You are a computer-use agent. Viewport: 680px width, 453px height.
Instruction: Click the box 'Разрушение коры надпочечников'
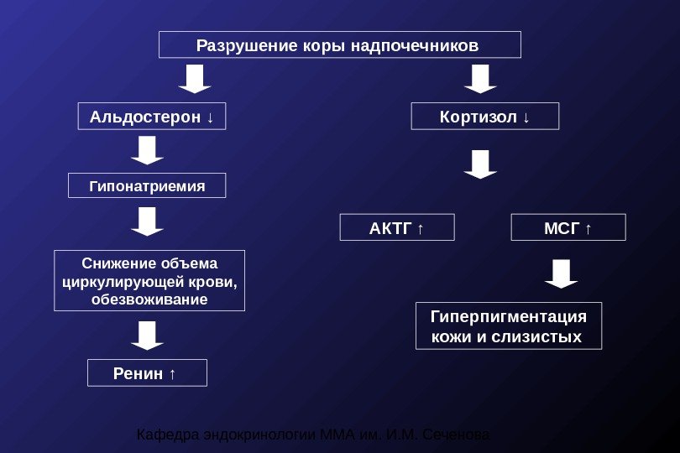[339, 44]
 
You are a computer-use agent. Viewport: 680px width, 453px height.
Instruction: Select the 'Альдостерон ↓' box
[152, 117]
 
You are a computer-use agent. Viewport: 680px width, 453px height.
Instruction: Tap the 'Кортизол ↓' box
[484, 117]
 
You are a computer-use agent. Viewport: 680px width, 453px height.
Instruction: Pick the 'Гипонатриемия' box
[147, 185]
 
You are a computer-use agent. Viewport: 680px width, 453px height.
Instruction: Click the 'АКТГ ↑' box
[396, 227]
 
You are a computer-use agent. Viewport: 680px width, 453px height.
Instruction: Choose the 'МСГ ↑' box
[568, 227]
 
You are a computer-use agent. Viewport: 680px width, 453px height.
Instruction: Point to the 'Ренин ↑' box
[147, 373]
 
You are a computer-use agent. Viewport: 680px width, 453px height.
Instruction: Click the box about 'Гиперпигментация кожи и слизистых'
[509, 326]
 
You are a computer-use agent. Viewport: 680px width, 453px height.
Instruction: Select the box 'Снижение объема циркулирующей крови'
[149, 280]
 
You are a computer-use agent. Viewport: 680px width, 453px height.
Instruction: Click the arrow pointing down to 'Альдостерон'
[195, 79]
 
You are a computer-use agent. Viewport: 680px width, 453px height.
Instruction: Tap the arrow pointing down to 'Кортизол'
[480, 79]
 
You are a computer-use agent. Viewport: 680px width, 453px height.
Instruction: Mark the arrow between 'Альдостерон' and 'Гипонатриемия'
[147, 151]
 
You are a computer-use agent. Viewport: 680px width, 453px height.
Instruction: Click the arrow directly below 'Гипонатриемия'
[147, 222]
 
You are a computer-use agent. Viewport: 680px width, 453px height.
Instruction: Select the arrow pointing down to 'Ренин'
[147, 335]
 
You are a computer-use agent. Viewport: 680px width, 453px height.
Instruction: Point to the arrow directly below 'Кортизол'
[480, 164]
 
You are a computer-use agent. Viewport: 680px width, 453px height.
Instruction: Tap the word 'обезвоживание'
[149, 299]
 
